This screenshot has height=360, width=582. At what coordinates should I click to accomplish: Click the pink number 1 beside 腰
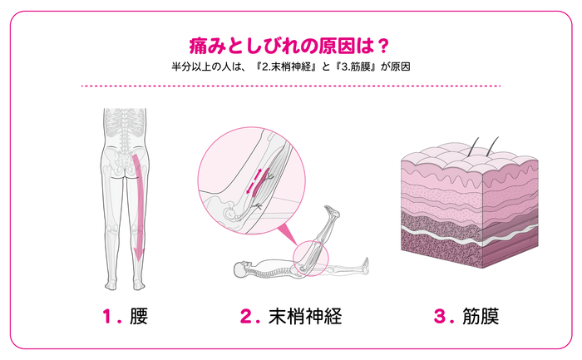(107, 316)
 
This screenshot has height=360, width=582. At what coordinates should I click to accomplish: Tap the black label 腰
(141, 316)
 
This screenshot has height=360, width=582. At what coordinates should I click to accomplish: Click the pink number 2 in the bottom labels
(246, 316)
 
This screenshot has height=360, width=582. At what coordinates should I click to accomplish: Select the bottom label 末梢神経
(305, 316)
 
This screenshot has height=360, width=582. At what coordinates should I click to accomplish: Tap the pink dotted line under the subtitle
(291, 86)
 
